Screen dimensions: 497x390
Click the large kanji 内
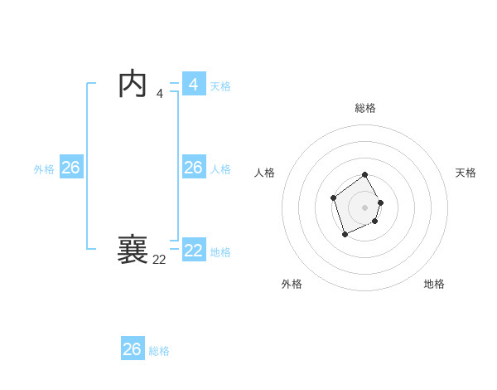pos(133,85)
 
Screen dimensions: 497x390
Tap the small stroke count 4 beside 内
pos(160,94)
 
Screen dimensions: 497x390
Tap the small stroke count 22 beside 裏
pos(159,260)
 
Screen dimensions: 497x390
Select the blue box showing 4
pos(194,85)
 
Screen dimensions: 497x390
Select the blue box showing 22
pos(194,251)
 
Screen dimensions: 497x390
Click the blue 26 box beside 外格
pos(70,168)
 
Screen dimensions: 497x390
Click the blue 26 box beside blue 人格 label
pos(194,168)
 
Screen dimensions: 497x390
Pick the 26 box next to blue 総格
pos(133,349)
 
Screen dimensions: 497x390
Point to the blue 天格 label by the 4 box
pos(220,86)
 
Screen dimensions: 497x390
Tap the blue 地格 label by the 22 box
pos(220,252)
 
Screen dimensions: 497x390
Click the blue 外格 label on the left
pos(44,169)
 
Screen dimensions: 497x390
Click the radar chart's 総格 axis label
pos(365,108)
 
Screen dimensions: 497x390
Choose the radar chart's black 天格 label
pos(466,173)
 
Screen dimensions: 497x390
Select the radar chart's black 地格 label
pos(434,284)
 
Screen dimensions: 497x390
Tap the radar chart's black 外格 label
pos(292,284)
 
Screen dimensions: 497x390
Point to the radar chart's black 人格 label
pos(265,173)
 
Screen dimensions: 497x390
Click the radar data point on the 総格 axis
pos(365,175)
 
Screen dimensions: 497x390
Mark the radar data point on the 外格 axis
pos(345,235)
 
